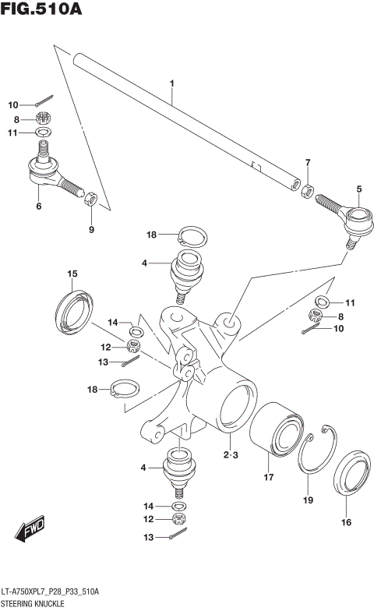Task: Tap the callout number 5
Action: tap(359, 189)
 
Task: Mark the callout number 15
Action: tap(72, 274)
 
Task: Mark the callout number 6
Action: tap(38, 207)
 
